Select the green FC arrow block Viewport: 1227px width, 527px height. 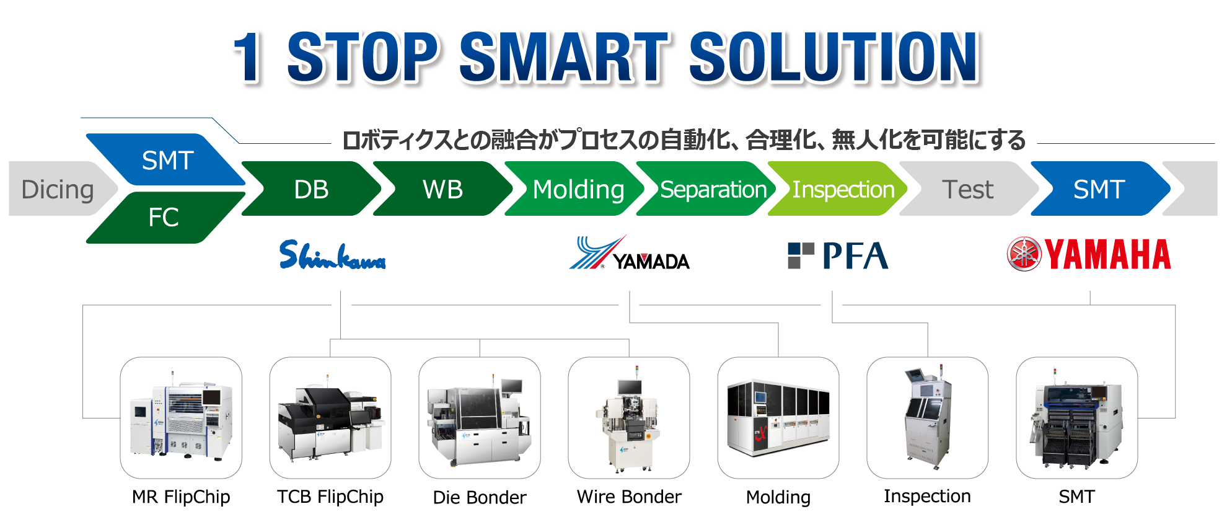(165, 217)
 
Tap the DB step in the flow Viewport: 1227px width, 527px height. (311, 188)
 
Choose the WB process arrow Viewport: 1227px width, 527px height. (442, 188)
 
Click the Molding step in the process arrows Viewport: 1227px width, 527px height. (574, 188)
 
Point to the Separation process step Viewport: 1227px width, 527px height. (706, 188)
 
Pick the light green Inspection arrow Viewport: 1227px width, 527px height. (838, 188)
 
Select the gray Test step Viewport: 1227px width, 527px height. (969, 188)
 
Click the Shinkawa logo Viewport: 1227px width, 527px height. (332, 255)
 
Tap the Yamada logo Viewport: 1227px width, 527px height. (629, 252)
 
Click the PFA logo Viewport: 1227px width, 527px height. (838, 255)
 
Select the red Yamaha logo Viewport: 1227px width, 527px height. (1089, 254)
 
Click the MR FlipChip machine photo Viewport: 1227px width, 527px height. (181, 417)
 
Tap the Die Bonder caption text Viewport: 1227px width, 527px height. (480, 497)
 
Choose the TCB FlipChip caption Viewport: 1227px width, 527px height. (330, 497)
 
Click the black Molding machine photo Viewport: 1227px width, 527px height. (778, 417)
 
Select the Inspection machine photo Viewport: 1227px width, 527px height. (928, 417)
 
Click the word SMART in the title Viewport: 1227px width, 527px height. (565, 57)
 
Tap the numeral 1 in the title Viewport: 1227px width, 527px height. (248, 57)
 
